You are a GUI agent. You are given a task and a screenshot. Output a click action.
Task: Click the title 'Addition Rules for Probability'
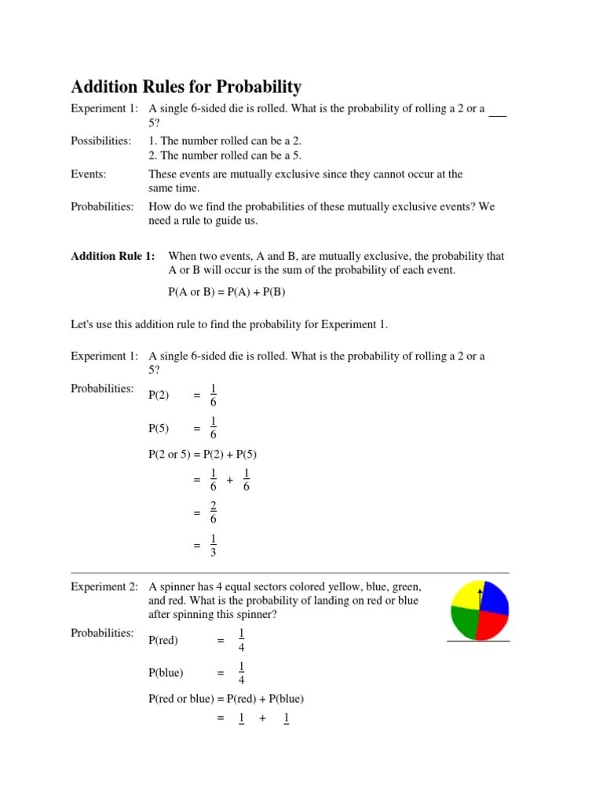click(x=186, y=87)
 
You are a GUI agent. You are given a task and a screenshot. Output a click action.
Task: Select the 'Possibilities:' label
click(x=100, y=141)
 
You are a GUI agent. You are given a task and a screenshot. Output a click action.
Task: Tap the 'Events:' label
click(x=89, y=174)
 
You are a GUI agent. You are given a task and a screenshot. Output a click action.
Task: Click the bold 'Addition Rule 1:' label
click(x=113, y=257)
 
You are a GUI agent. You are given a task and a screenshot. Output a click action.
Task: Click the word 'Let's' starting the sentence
click(x=83, y=324)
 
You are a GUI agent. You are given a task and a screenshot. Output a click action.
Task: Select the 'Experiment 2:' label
click(x=104, y=587)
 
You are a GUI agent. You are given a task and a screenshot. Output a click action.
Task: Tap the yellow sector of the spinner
click(x=466, y=598)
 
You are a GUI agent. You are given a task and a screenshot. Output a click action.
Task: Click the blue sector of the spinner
click(x=495, y=598)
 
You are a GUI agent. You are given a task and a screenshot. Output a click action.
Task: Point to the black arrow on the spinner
click(x=480, y=595)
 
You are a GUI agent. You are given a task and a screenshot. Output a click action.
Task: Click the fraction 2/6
click(x=214, y=513)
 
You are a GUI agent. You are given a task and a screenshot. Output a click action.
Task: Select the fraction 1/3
click(x=214, y=546)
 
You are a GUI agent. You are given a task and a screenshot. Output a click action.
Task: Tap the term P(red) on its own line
click(x=163, y=641)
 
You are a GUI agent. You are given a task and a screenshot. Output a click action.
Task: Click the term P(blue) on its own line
click(x=165, y=673)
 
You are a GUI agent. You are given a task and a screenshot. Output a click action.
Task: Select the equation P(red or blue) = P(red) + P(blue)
click(x=226, y=698)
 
